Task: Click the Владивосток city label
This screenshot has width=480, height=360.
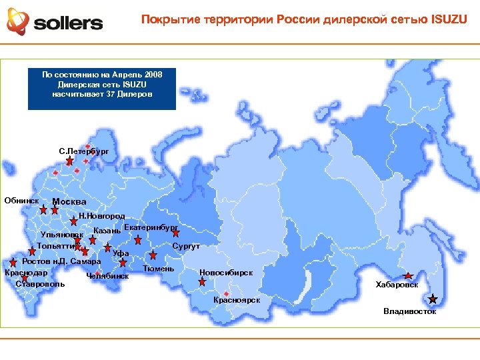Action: click(409, 311)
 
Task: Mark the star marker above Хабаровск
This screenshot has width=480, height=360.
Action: click(408, 275)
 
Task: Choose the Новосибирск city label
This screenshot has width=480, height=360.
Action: click(226, 272)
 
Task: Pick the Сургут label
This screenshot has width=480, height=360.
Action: click(186, 247)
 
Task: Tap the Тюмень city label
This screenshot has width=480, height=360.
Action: click(159, 269)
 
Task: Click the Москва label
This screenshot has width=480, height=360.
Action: click(69, 203)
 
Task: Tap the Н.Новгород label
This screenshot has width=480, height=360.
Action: click(101, 217)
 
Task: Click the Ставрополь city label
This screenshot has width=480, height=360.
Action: click(40, 284)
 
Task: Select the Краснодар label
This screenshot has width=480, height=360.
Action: click(26, 273)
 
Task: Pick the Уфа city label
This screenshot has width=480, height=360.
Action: click(120, 253)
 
